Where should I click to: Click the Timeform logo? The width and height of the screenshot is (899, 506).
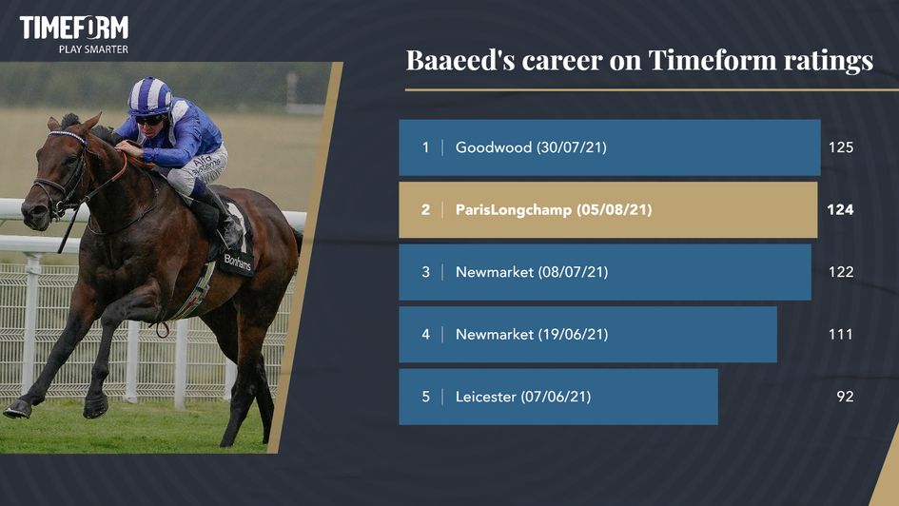pyautogui.click(x=73, y=29)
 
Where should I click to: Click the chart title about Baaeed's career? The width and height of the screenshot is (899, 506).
pyautogui.click(x=639, y=61)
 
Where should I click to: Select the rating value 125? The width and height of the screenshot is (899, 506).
pyautogui.click(x=840, y=147)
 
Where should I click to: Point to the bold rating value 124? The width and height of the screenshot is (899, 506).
pyautogui.click(x=840, y=210)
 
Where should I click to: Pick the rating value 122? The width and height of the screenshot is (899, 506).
pyautogui.click(x=840, y=272)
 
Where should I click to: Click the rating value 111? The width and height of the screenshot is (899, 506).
pyautogui.click(x=840, y=335)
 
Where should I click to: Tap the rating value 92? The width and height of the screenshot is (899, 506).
pyautogui.click(x=845, y=397)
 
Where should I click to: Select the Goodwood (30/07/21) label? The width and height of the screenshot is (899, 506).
pyautogui.click(x=531, y=147)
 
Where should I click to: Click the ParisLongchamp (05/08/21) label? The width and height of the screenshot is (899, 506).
pyautogui.click(x=553, y=210)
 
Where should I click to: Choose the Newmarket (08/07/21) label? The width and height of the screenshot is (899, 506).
pyautogui.click(x=531, y=272)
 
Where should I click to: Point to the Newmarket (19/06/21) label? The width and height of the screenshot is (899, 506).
pyautogui.click(x=531, y=335)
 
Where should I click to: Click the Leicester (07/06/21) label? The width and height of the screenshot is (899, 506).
pyautogui.click(x=522, y=397)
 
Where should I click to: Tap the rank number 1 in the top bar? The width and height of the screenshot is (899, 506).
pyautogui.click(x=426, y=147)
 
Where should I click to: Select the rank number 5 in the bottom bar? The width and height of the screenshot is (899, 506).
pyautogui.click(x=426, y=397)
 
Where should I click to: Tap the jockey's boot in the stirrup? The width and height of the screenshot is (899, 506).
pyautogui.click(x=231, y=231)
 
